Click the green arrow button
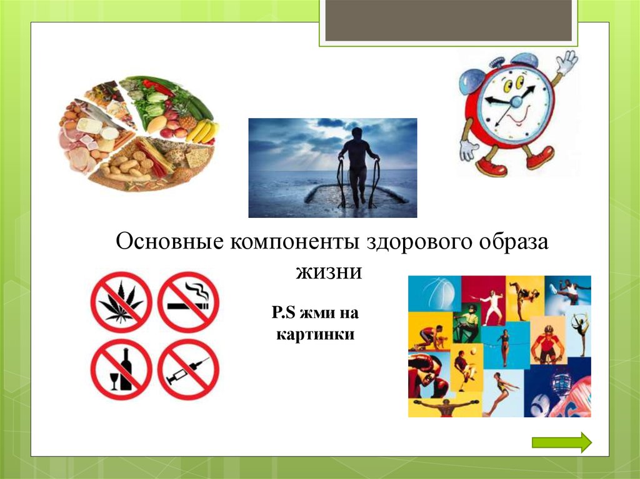click(562, 442)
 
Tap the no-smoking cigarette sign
click(189, 302)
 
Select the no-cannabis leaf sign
click(121, 302)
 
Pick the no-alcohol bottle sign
click(121, 369)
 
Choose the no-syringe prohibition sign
click(189, 369)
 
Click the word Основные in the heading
click(170, 242)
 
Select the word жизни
click(329, 272)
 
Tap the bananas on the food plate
click(202, 131)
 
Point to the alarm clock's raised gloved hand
click(566, 62)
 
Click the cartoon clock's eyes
click(514, 84)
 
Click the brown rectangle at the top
click(448, 21)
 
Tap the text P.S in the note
click(283, 313)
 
